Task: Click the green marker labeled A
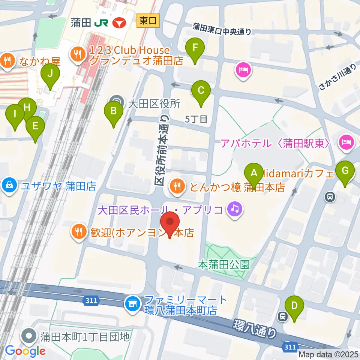(254, 173)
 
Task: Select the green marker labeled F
(195, 48)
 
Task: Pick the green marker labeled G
(345, 171)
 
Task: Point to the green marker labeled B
(113, 111)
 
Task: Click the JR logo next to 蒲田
(101, 23)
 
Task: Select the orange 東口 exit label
(148, 21)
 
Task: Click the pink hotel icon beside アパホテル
(345, 142)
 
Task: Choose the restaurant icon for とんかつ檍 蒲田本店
(177, 185)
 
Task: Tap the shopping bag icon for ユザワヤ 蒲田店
(8, 185)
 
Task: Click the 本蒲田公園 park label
(224, 265)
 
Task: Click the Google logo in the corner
(25, 351)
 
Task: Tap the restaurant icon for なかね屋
(7, 59)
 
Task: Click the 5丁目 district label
(196, 120)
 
